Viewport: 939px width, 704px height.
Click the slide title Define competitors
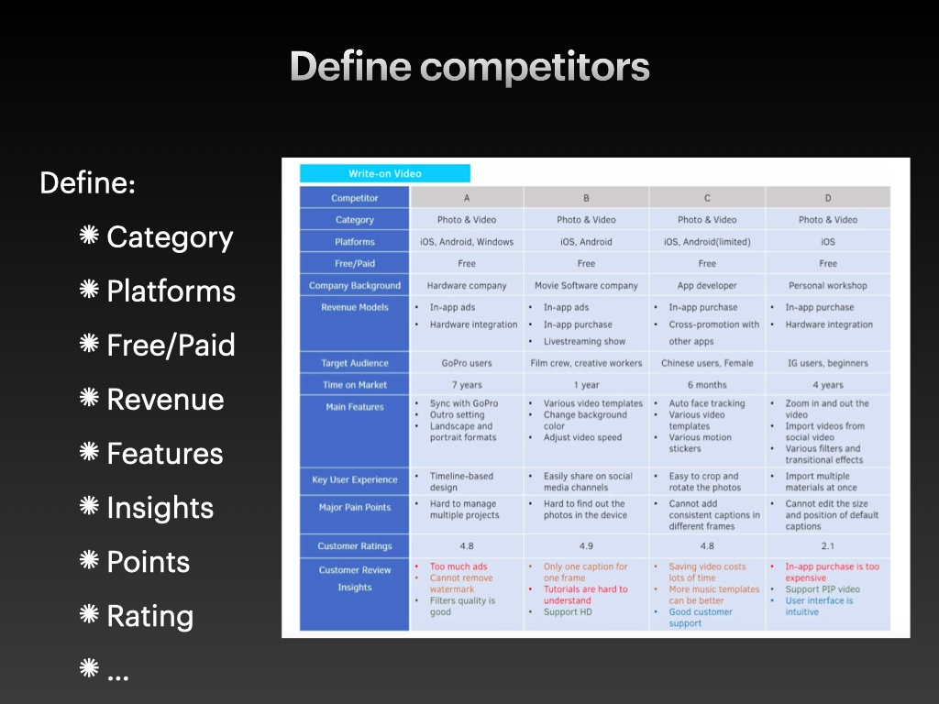pyautogui.click(x=469, y=66)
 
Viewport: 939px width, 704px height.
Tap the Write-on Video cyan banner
pyautogui.click(x=385, y=173)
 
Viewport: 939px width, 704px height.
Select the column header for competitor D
pyautogui.click(x=828, y=198)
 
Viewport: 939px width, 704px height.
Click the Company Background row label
pyautogui.click(x=355, y=286)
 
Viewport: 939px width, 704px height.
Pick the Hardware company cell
pyautogui.click(x=467, y=286)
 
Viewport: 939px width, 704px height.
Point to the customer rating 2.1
pyautogui.click(x=828, y=546)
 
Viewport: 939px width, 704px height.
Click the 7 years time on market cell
pyautogui.click(x=467, y=385)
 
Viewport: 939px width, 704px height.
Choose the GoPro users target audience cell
pyautogui.click(x=467, y=363)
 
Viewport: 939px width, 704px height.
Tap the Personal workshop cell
pyautogui.click(x=828, y=286)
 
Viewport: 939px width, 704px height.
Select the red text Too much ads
pyautogui.click(x=458, y=566)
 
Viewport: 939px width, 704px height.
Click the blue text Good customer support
pyautogui.click(x=700, y=617)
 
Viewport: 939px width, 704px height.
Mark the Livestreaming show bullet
pyautogui.click(x=584, y=341)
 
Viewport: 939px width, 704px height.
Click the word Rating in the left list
pyautogui.click(x=149, y=616)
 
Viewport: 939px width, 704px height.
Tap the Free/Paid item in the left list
pyautogui.click(x=171, y=345)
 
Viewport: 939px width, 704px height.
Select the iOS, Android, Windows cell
pyautogui.click(x=467, y=242)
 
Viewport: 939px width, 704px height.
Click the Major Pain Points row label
pyautogui.click(x=355, y=507)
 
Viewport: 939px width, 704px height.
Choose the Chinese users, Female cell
pyautogui.click(x=707, y=363)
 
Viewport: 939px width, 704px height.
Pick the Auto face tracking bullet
pyautogui.click(x=707, y=403)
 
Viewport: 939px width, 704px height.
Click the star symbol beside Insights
pyautogui.click(x=89, y=505)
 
